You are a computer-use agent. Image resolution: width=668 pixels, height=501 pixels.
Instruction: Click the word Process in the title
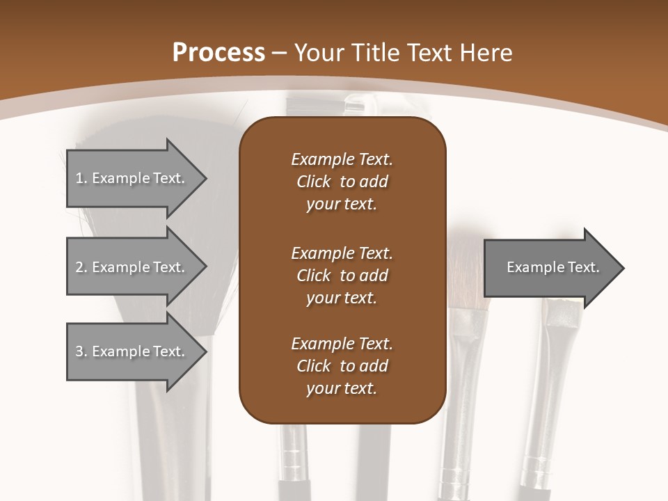[218, 52]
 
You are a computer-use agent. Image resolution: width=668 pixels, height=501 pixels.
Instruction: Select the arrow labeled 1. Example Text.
[132, 178]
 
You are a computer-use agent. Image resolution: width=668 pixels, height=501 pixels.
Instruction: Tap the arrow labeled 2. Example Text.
[132, 267]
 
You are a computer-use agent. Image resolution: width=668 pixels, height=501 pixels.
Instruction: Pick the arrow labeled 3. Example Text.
[132, 351]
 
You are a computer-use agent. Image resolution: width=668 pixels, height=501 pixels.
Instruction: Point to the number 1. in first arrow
[81, 178]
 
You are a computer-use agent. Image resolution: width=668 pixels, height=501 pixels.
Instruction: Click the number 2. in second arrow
[81, 267]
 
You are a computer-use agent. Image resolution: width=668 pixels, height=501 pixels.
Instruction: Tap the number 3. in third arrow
[81, 351]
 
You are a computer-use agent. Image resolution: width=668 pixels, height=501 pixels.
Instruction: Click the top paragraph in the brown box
[342, 182]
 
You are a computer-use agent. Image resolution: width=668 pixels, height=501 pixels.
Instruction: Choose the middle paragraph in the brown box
[342, 276]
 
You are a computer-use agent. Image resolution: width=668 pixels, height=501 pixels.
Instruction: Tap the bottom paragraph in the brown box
[342, 366]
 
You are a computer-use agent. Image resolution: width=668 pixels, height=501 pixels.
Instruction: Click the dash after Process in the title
[280, 53]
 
